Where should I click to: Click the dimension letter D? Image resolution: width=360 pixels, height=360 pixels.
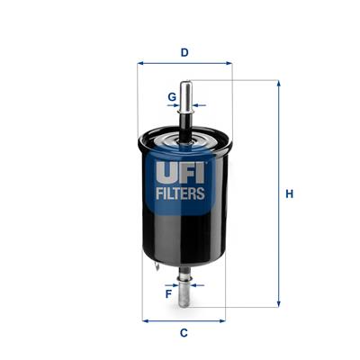[184, 52]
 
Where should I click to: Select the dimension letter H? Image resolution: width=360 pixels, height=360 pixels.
[290, 193]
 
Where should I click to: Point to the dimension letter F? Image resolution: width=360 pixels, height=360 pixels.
[169, 292]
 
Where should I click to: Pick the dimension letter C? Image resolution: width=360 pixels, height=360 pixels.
[184, 333]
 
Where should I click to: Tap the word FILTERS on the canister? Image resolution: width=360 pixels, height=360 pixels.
[184, 193]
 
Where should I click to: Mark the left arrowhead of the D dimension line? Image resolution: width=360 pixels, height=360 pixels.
[140, 64]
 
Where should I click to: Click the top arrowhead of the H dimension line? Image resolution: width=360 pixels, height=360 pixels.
[278, 84]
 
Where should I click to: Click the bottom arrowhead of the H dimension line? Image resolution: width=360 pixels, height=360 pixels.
[278, 303]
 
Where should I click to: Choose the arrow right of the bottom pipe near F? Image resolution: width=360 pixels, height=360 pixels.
[198, 284]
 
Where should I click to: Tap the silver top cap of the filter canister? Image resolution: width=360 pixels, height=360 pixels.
[184, 136]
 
